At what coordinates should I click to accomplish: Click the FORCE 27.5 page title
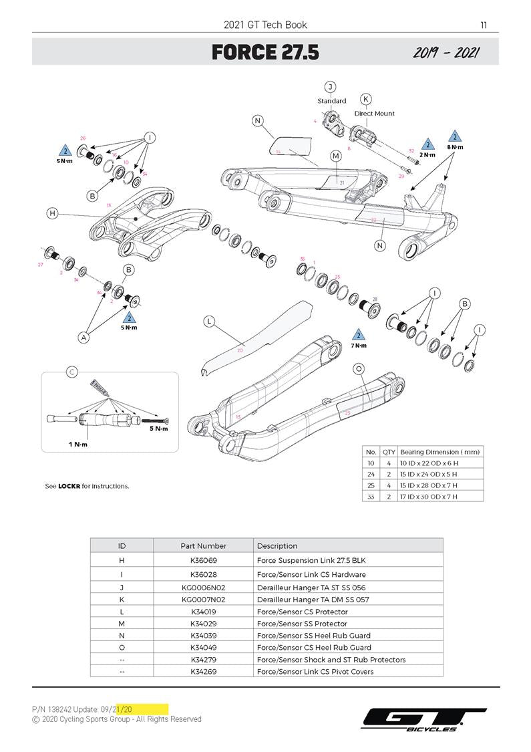coord(265,52)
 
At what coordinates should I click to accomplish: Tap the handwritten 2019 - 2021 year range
coord(445,53)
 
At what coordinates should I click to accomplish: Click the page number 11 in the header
coord(484,25)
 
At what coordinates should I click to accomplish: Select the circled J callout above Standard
coord(329,87)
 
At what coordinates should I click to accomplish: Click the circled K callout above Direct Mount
coord(366,100)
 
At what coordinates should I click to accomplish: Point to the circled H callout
coord(52,213)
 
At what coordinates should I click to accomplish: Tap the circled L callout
coord(209,322)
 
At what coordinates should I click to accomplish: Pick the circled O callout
coord(359,369)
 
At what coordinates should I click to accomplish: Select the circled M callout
coord(335,156)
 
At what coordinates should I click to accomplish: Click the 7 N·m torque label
coord(359,346)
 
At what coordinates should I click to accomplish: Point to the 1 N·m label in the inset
coord(79,445)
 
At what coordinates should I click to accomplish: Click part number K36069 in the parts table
coord(203,559)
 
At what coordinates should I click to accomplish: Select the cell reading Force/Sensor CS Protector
coord(302,612)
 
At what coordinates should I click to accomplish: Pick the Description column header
coord(277,545)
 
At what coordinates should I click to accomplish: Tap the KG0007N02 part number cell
coord(203,600)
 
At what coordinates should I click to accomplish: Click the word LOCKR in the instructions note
coord(69,486)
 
